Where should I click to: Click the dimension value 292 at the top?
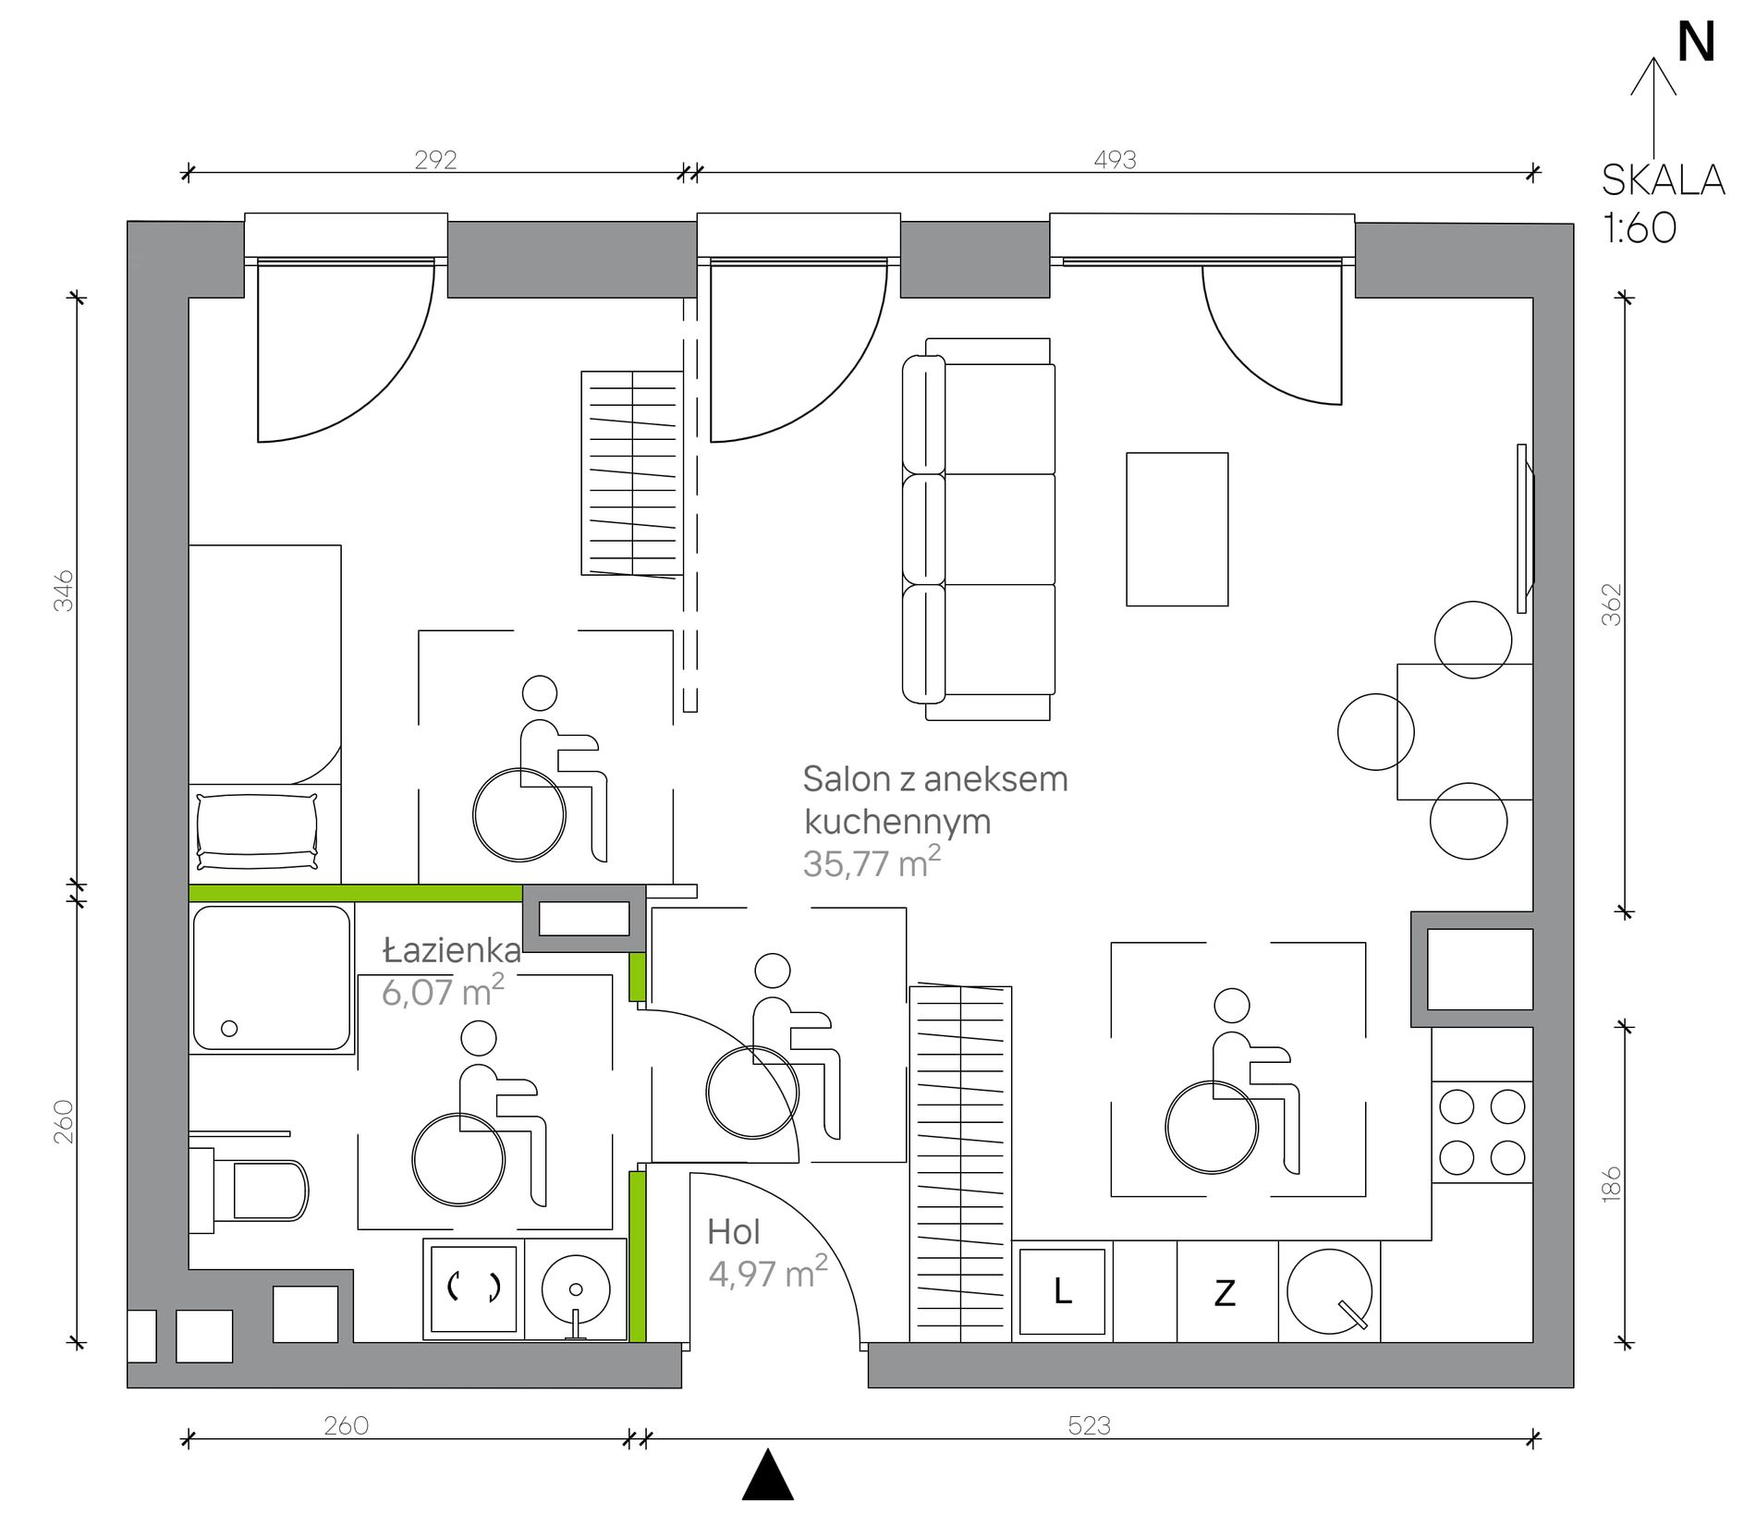[435, 160]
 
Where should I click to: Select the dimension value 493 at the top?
[1115, 160]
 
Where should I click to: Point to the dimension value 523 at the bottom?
[1089, 1425]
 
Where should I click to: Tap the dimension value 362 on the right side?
[1611, 605]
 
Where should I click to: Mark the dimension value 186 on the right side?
[1611, 1184]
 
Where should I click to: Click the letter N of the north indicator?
[1696, 43]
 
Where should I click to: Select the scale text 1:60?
[1640, 227]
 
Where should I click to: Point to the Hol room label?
[734, 1232]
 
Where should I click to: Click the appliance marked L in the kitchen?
[1063, 1291]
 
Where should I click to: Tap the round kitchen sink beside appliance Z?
[1329, 1290]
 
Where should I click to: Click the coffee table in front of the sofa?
[1177, 530]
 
